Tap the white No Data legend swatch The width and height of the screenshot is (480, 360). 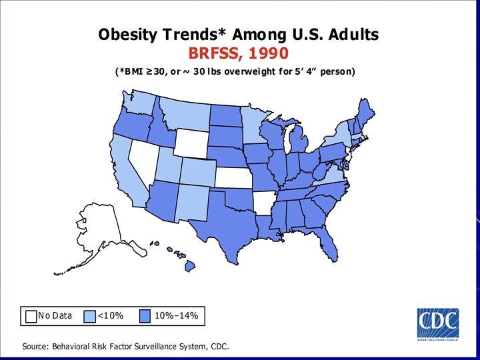[x=31, y=315]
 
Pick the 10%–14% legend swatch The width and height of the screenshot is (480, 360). [x=145, y=315]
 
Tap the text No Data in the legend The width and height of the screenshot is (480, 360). [x=55, y=315]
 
